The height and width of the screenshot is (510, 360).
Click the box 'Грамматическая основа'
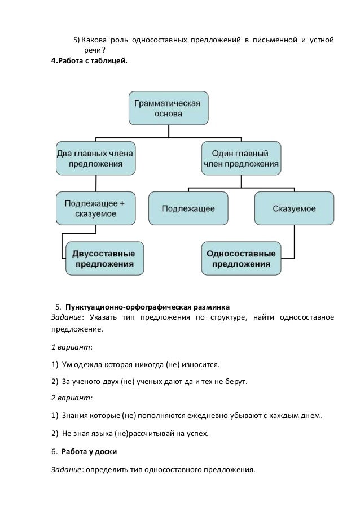click(168, 108)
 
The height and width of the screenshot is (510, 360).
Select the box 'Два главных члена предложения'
click(95, 158)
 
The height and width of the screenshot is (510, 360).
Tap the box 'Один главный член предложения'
click(240, 158)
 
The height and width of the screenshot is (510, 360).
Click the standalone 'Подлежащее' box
click(188, 208)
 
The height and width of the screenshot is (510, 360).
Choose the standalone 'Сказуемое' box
click(294, 208)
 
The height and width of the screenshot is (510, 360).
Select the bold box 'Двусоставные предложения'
click(104, 258)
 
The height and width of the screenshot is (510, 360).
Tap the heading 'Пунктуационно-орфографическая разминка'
click(147, 307)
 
